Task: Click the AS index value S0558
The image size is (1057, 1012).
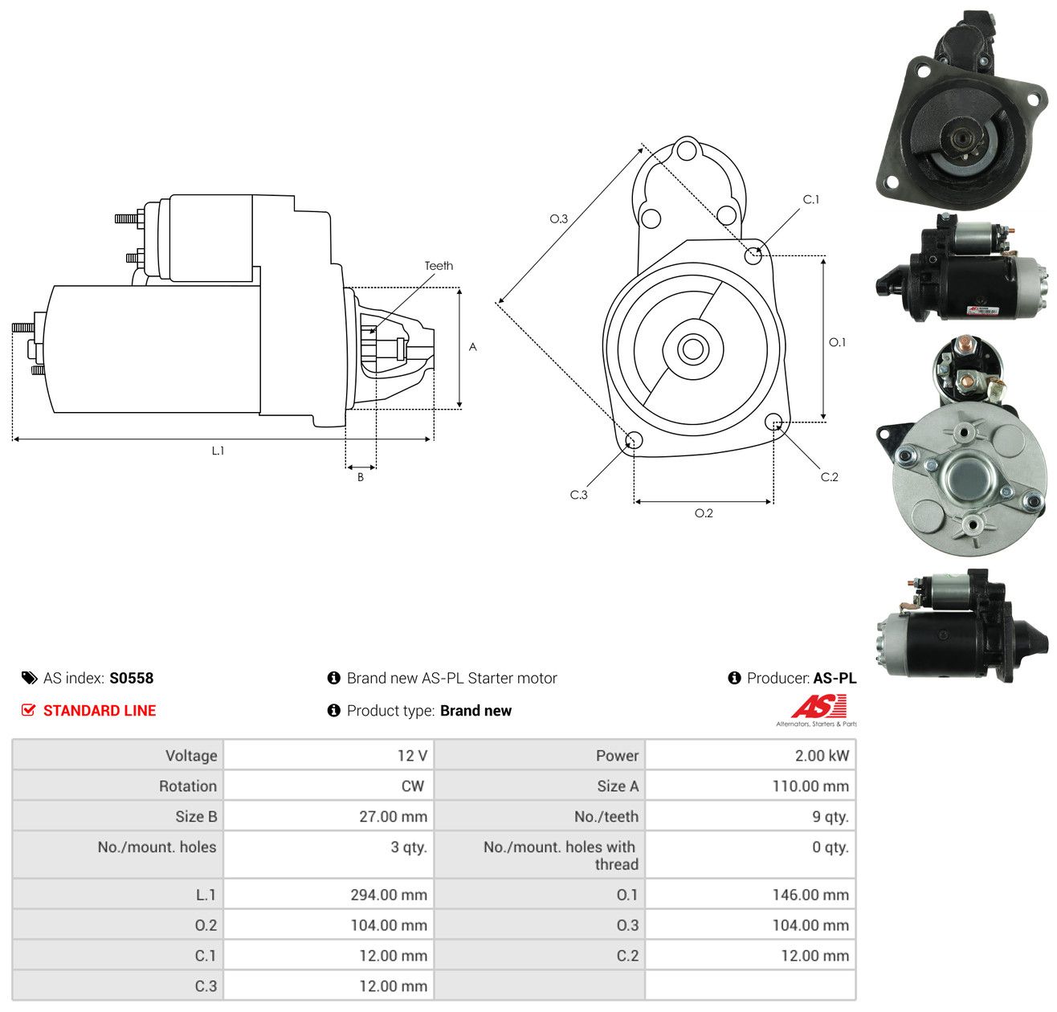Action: pos(132,678)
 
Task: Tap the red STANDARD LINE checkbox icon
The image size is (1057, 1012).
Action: pos(28,710)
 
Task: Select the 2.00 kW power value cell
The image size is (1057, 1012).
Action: pos(750,755)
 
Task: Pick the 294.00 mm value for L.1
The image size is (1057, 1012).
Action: pos(389,894)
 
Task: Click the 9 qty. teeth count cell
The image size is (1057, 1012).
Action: pos(750,816)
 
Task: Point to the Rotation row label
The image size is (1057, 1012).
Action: pos(188,786)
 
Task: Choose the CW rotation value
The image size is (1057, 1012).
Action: pos(412,786)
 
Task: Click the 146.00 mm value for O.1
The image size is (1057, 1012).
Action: pos(810,894)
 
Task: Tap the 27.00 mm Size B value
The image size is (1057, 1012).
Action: pos(394,816)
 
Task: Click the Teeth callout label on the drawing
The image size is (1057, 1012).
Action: pos(439,266)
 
